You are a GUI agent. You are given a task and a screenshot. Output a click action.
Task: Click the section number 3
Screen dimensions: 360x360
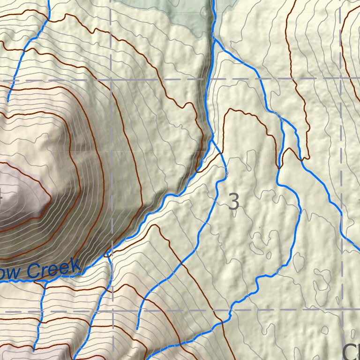233,202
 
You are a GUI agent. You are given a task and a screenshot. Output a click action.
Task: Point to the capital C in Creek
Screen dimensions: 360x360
33,271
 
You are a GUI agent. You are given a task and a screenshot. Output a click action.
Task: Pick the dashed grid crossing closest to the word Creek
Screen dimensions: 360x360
112,311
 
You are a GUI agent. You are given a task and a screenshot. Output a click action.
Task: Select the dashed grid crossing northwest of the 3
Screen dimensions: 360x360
112,79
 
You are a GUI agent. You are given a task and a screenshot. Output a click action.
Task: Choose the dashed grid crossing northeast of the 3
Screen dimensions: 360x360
341,78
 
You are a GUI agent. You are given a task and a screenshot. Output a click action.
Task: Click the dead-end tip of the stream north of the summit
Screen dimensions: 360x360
8,101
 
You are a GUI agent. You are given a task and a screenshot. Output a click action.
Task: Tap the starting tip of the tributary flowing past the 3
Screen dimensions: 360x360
137,329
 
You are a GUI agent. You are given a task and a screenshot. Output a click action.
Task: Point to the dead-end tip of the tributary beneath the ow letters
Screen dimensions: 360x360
34,349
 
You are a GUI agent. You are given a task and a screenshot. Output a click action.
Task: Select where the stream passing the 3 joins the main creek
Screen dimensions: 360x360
211,138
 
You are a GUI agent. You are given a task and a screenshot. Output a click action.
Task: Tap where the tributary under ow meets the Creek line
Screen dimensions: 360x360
45,284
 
